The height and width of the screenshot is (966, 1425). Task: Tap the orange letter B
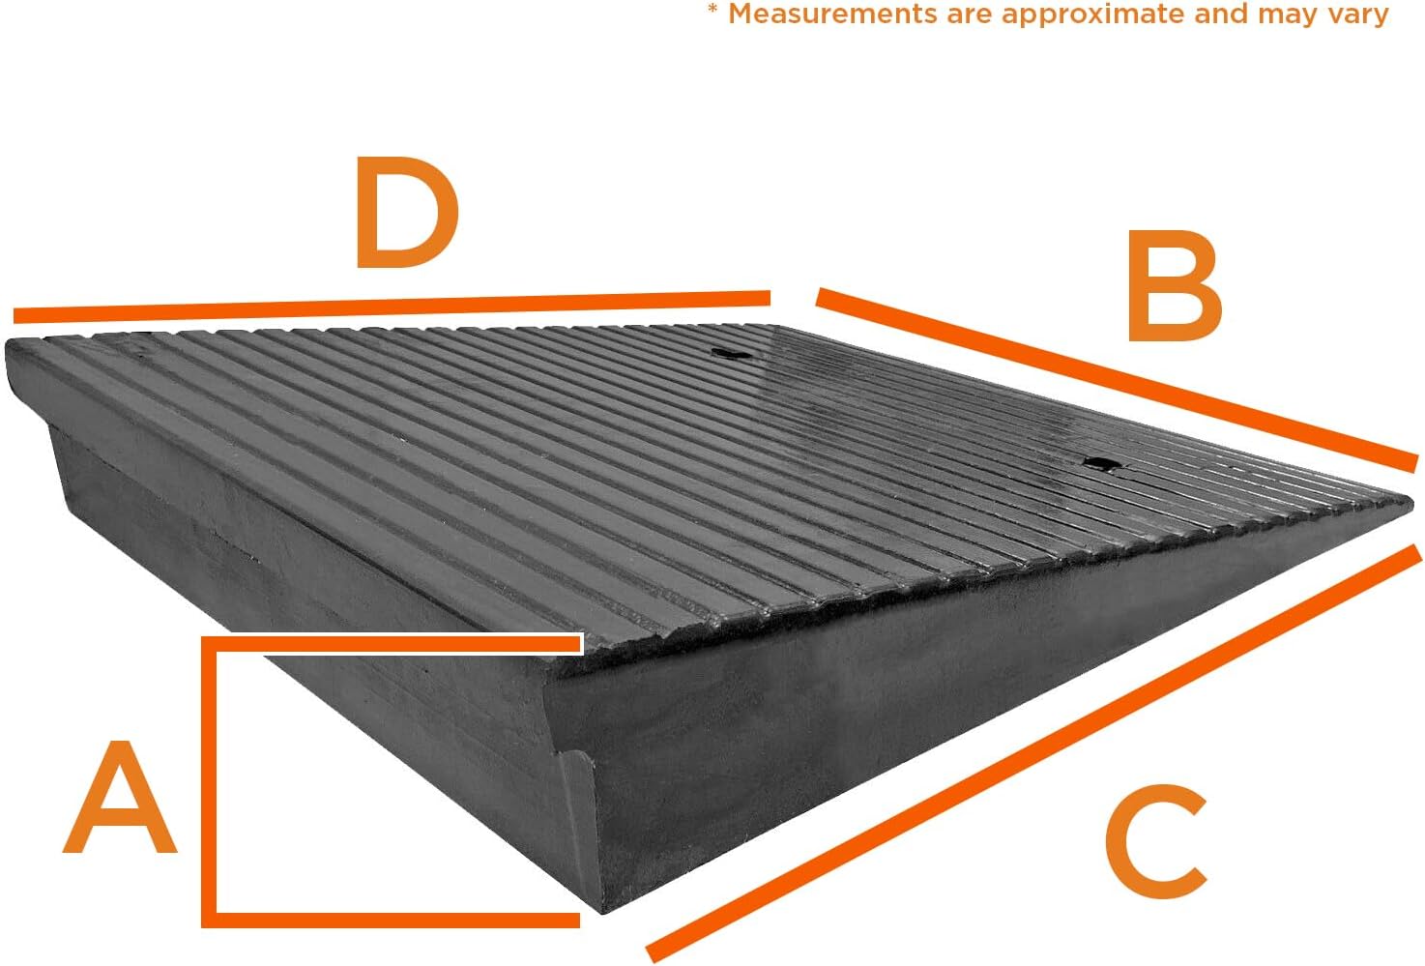(1173, 287)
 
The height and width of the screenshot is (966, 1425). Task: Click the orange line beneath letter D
(392, 306)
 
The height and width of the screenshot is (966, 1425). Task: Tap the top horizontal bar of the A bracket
(392, 644)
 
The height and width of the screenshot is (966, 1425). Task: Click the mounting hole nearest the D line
(730, 354)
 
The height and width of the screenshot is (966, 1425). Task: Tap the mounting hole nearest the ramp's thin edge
(1100, 464)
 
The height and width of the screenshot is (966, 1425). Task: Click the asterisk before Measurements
(712, 12)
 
